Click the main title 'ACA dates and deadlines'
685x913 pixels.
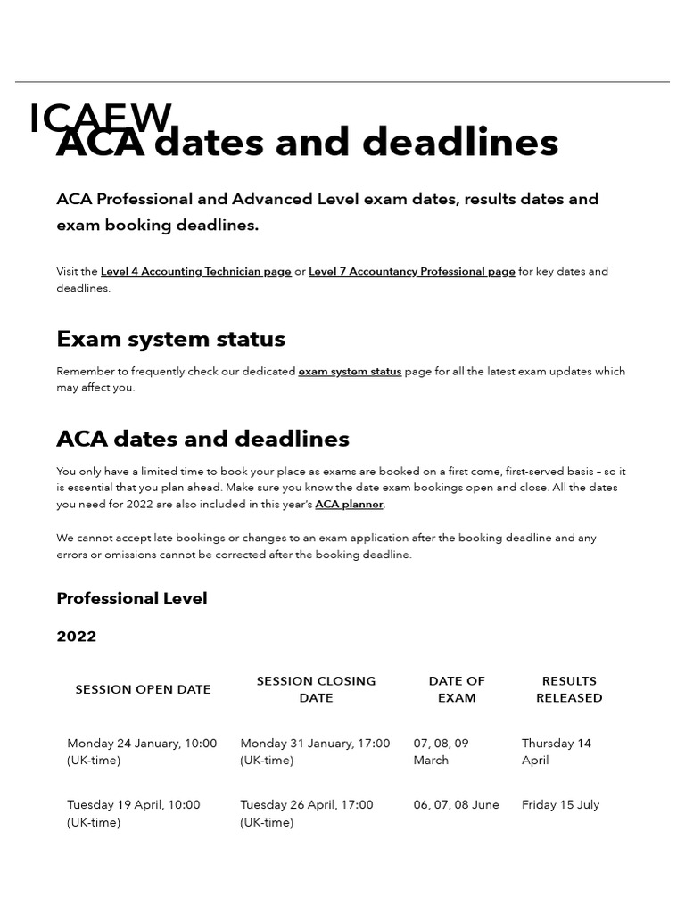(x=307, y=143)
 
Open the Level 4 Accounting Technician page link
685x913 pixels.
(x=195, y=271)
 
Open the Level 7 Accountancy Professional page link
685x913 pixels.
(x=411, y=271)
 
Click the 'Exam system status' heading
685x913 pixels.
(x=170, y=339)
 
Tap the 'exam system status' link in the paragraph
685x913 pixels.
(x=350, y=371)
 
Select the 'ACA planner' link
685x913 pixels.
(x=349, y=504)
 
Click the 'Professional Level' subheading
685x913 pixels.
(x=131, y=598)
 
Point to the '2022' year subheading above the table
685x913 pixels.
(x=77, y=637)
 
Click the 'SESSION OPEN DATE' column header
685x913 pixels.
(x=143, y=689)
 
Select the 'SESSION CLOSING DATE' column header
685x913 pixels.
(x=316, y=689)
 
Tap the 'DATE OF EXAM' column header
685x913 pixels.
(x=457, y=689)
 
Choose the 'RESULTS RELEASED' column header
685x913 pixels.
(x=569, y=689)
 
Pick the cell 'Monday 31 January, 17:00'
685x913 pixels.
(x=315, y=752)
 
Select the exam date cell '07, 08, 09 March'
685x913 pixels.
(x=441, y=752)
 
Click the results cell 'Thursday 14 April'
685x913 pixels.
(x=556, y=752)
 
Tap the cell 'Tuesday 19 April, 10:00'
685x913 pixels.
(x=134, y=813)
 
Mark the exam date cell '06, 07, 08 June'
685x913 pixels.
(x=456, y=804)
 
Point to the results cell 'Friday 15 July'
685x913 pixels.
(x=560, y=804)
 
